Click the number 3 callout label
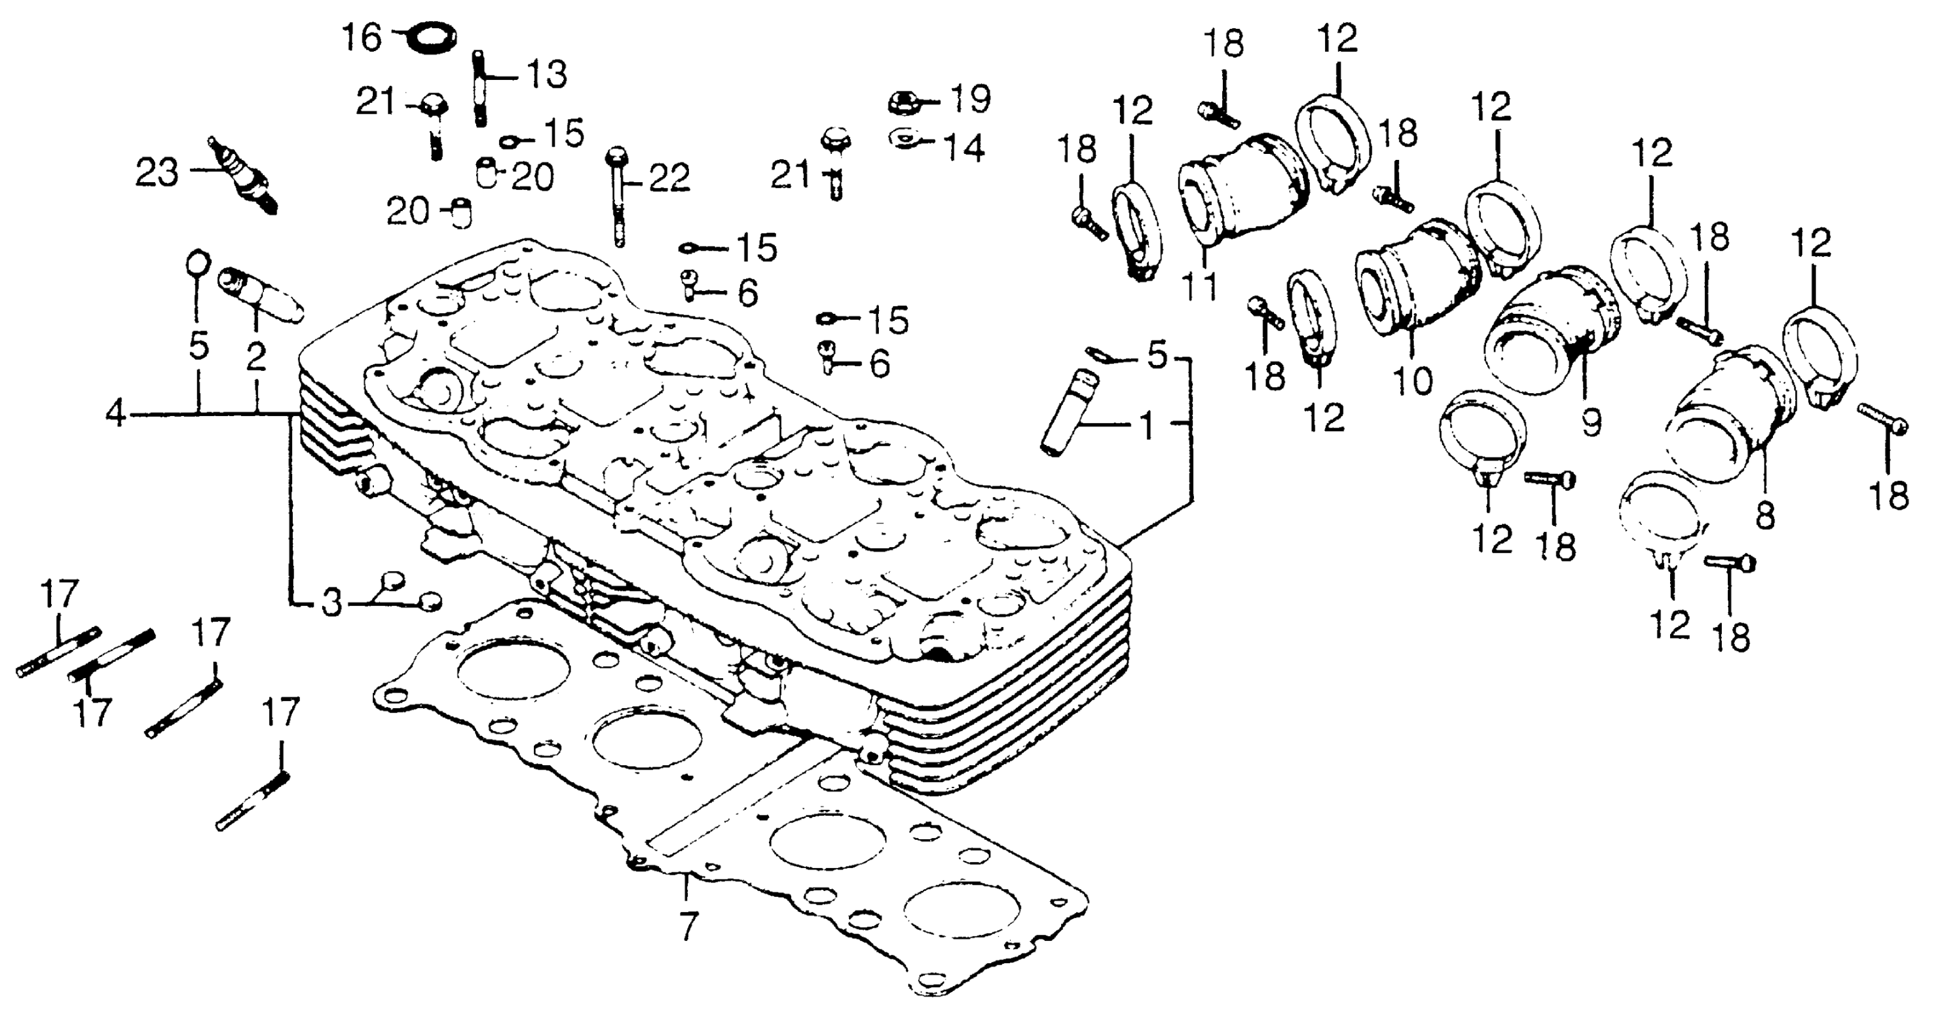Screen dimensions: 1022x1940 click(x=331, y=603)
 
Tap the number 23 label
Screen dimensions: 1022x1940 click(x=157, y=173)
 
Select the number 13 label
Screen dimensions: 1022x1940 click(x=546, y=75)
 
